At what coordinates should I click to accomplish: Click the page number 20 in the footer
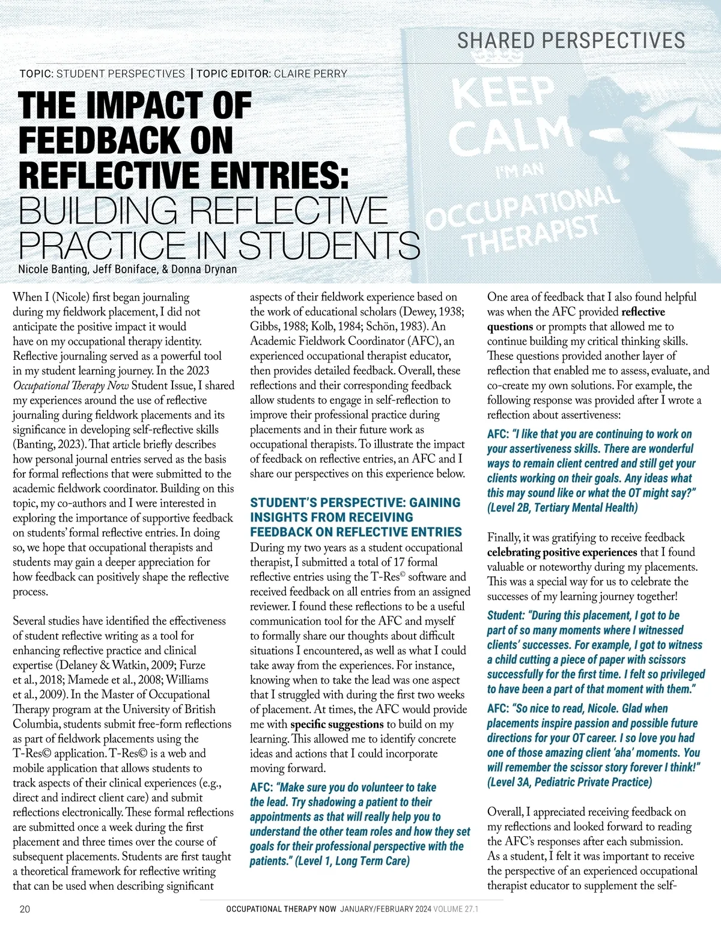point(25,909)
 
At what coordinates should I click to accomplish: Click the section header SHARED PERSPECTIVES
point(571,41)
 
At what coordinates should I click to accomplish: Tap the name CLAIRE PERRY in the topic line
point(311,74)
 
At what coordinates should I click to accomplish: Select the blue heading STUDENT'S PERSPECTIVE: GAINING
point(355,503)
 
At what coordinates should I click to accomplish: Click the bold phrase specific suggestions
point(336,724)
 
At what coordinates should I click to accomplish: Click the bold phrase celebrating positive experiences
point(562,552)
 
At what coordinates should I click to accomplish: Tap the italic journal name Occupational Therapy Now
point(71,386)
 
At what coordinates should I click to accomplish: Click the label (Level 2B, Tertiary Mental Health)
point(562,508)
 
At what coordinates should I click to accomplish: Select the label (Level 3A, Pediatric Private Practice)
point(569,782)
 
